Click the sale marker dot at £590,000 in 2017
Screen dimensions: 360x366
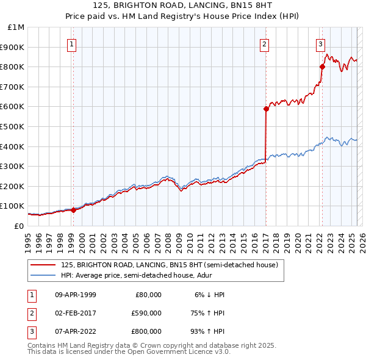click(266, 109)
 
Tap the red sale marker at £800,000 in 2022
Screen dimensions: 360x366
click(322, 67)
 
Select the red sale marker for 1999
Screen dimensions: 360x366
click(73, 210)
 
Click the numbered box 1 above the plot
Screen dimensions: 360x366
click(72, 43)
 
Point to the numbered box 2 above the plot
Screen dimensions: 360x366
click(265, 43)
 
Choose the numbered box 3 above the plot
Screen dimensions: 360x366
click(320, 43)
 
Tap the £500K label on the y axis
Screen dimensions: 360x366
click(13, 127)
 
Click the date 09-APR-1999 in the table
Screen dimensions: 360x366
click(76, 295)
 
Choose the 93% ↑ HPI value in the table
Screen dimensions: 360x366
click(207, 331)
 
